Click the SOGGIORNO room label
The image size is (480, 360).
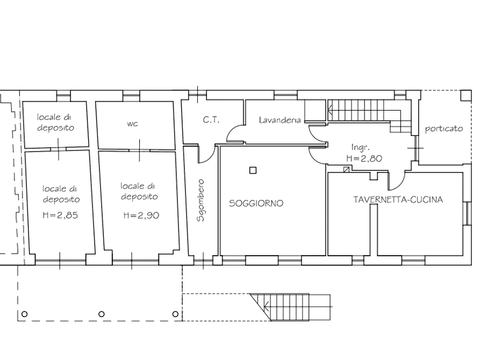[256, 203]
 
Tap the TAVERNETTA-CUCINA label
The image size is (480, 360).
[398, 199]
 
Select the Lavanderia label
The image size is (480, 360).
[280, 120]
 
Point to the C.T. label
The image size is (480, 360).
[211, 120]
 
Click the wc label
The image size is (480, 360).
[132, 124]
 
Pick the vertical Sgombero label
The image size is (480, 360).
[200, 200]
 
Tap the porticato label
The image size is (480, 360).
[443, 129]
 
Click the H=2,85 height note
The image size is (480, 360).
[60, 215]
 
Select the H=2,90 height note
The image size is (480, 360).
[141, 215]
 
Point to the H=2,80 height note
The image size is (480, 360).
[364, 159]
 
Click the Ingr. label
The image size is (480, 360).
[361, 147]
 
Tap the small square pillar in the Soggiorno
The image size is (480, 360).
[253, 170]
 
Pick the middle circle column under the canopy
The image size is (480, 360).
[102, 314]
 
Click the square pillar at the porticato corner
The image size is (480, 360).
[466, 95]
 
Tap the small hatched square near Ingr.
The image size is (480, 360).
[346, 169]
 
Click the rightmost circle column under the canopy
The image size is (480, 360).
[175, 314]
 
